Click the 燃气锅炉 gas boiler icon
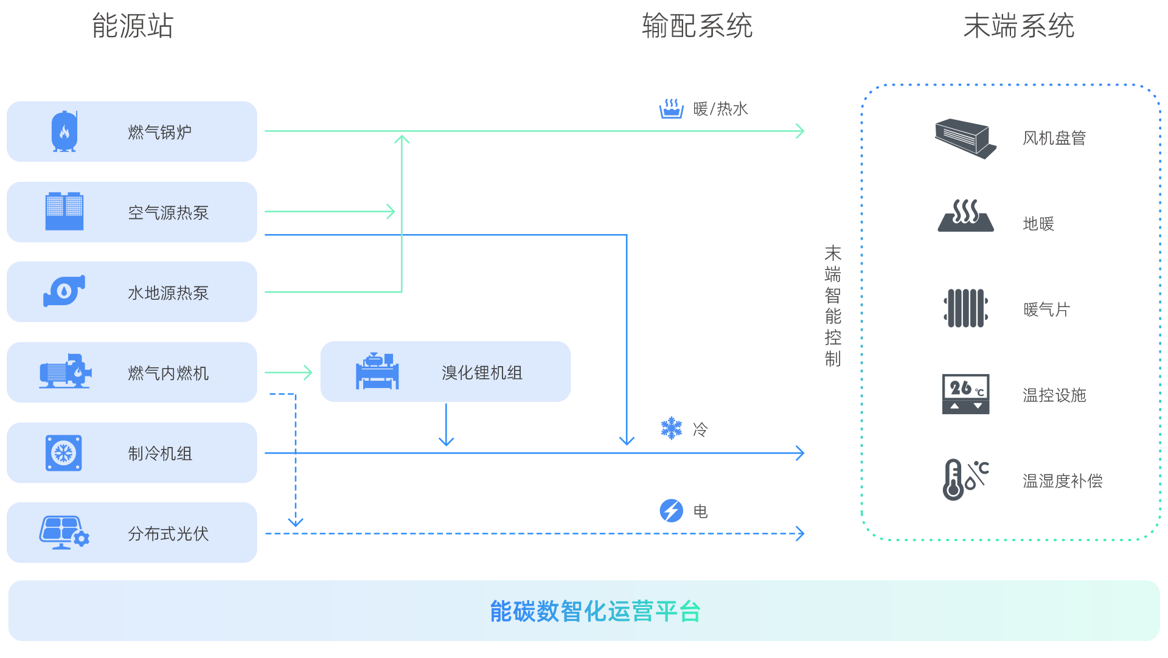[64, 131]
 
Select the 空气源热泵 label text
[169, 213]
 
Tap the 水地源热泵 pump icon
[64, 291]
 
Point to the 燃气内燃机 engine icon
[65, 371]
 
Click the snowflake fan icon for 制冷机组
[64, 453]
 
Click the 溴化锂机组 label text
[482, 373]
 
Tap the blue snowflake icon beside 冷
[672, 428]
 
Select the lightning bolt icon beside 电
[672, 511]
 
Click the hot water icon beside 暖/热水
[672, 109]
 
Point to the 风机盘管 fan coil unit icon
[965, 139]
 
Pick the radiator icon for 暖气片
[966, 308]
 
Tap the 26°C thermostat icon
[966, 394]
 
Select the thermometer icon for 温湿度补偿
[966, 480]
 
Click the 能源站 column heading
[133, 26]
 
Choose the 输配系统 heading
[697, 26]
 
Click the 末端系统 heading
[1019, 26]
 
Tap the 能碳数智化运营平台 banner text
[596, 611]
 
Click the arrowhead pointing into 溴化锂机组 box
[308, 372]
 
